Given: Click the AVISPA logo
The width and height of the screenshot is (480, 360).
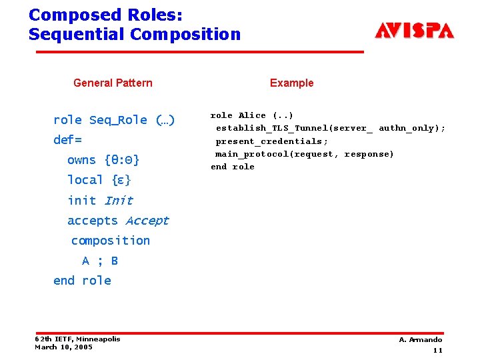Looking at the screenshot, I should point(414,31).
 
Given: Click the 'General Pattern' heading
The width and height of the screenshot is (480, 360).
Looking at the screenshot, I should point(113,83).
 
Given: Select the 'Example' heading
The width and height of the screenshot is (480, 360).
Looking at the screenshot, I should point(291,83).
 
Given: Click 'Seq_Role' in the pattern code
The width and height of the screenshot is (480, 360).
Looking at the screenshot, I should point(118,120).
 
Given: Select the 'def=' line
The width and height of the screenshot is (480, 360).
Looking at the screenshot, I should point(67,140).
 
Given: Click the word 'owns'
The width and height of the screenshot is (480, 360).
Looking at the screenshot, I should point(81,160).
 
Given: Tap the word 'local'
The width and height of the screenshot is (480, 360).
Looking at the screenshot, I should point(85,180).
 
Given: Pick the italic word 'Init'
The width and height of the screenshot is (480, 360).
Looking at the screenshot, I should point(119,200).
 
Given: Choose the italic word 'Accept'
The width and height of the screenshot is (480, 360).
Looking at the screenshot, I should point(147,220).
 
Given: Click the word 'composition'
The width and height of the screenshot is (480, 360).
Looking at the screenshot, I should point(110,240).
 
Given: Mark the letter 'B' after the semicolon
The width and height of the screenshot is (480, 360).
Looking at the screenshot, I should point(114,261).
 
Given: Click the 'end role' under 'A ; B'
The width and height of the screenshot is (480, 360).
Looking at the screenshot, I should point(82,281).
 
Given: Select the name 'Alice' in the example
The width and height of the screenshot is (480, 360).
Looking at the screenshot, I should point(252,115).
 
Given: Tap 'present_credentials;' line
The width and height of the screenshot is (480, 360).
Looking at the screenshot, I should point(271,141).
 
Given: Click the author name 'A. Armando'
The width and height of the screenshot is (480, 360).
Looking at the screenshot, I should point(420,339).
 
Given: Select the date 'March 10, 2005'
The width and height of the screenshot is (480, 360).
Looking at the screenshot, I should point(63,347).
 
